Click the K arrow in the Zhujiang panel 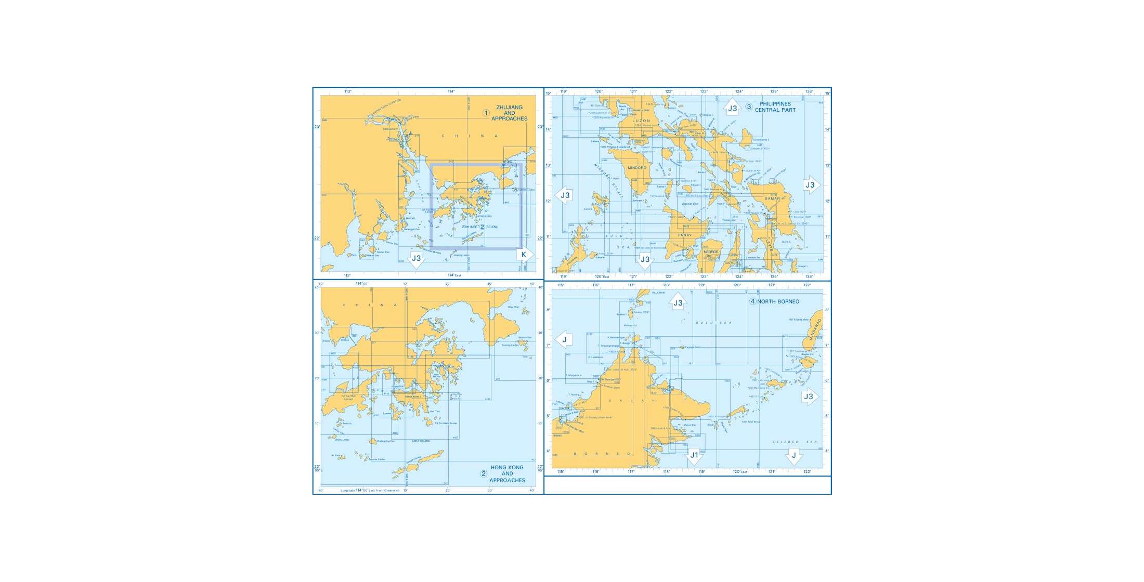[x=524, y=255]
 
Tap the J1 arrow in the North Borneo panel [x=694, y=456]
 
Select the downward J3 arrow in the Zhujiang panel [x=416, y=258]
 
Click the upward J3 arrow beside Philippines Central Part [x=732, y=108]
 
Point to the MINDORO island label [x=637, y=168]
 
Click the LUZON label [x=641, y=121]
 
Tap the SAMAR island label [x=772, y=199]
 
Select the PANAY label [x=685, y=235]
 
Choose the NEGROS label [x=710, y=252]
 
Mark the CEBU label [x=734, y=255]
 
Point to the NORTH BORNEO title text [x=778, y=302]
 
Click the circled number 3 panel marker [x=749, y=107]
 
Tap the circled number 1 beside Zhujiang [x=486, y=113]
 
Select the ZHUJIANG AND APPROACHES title [x=510, y=113]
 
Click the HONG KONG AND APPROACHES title [x=507, y=474]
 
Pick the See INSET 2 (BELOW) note [x=480, y=227]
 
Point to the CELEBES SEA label [x=795, y=442]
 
